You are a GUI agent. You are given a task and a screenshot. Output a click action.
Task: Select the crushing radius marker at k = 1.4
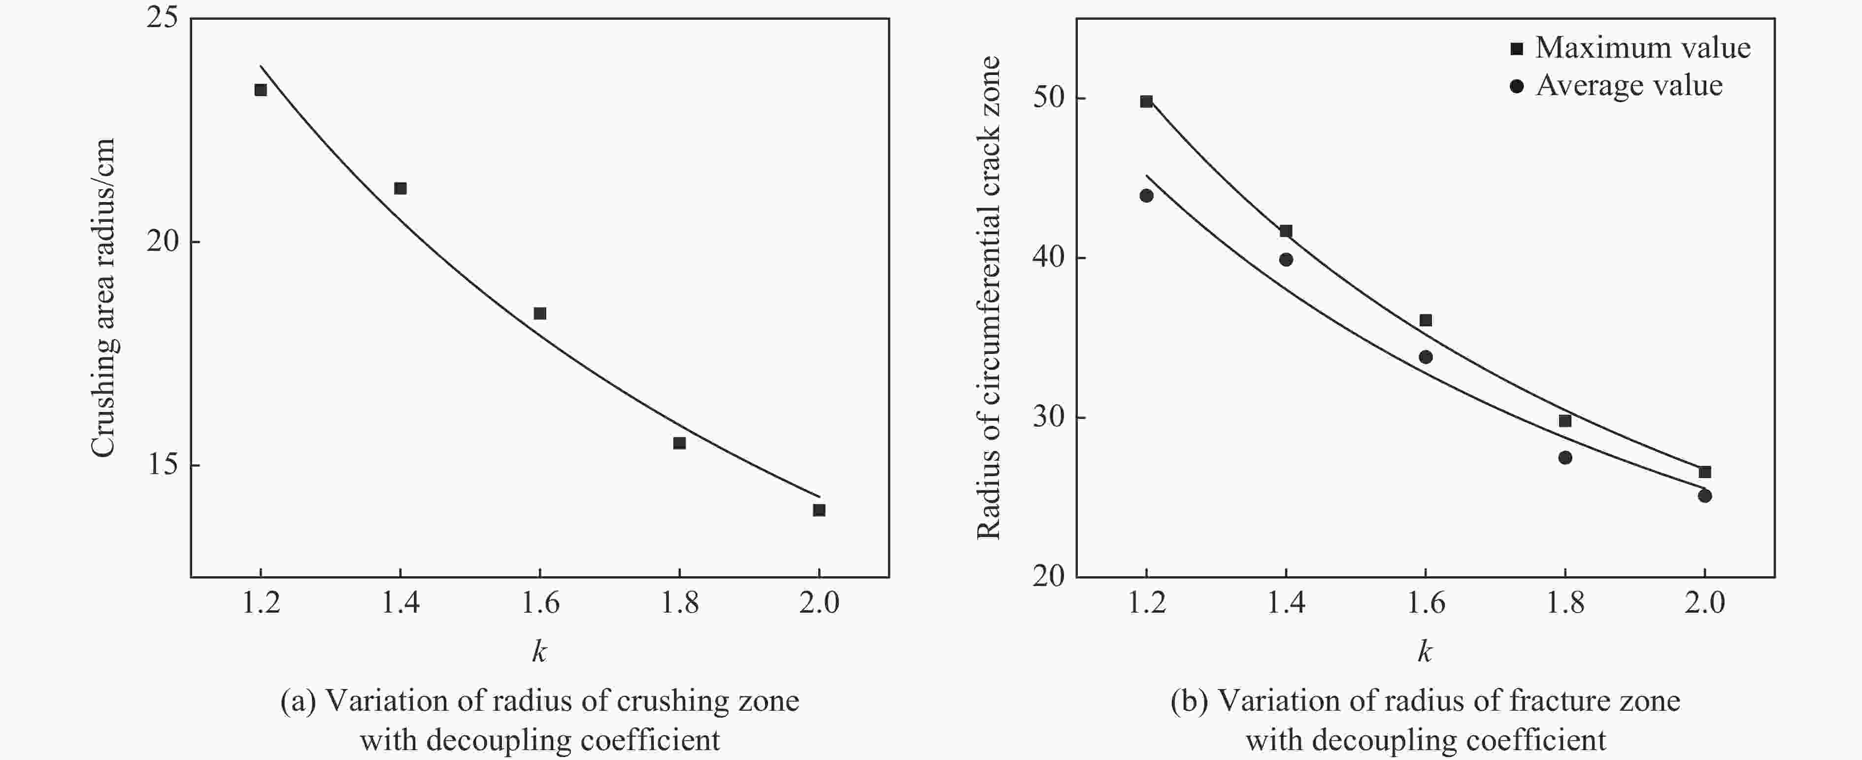point(399,188)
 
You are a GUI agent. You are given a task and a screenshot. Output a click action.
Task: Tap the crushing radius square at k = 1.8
point(679,443)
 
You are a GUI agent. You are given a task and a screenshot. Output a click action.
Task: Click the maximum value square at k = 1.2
point(1146,101)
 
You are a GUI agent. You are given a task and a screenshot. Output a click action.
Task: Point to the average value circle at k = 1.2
point(1146,195)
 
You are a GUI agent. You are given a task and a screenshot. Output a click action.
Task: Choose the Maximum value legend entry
point(1629,48)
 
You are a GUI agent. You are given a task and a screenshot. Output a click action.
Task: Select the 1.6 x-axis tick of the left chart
point(540,602)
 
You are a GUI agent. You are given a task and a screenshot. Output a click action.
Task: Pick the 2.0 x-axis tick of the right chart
point(1704,602)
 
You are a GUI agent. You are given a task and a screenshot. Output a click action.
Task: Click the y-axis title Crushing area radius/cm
point(103,297)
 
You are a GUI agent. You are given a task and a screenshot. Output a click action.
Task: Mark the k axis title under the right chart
point(1424,652)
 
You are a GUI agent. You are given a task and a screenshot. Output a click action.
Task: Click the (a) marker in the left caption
point(298,701)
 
